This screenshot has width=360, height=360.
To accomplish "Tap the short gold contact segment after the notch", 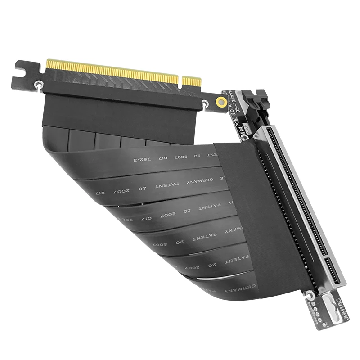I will coord(192,82).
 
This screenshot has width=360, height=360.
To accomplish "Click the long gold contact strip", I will coord(112,70).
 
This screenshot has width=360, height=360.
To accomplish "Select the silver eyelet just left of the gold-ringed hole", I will coord(205,104).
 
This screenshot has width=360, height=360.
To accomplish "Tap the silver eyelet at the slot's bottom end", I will coord(310,295).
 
